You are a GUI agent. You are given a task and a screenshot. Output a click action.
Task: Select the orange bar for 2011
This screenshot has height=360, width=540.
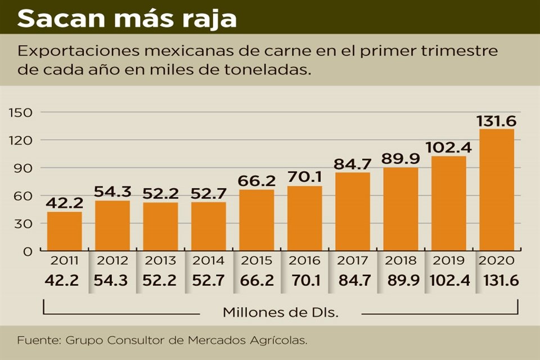pos(64,231)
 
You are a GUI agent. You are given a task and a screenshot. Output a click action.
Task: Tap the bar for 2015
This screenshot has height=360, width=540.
pos(256,220)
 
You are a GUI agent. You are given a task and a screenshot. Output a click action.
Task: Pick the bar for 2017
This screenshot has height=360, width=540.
pos(353,211)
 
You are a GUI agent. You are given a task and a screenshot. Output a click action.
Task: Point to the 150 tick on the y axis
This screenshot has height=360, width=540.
pos(20,112)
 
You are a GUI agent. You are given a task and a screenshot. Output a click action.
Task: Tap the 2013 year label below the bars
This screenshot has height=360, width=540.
pos(160,261)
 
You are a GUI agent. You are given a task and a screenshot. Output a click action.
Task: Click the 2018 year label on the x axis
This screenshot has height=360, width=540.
pos(401,261)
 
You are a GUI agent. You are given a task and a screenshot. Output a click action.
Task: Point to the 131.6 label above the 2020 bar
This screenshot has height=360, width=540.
pos(497,121)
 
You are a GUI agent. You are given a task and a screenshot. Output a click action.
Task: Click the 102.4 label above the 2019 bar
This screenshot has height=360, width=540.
pos(449,147)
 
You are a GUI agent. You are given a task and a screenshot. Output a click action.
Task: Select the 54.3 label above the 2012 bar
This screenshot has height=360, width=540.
pos(112,192)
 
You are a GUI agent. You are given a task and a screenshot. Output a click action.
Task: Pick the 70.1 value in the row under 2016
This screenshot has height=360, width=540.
pos(305,280)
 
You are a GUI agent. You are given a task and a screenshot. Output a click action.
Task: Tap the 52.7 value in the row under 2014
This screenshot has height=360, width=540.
pos(209,280)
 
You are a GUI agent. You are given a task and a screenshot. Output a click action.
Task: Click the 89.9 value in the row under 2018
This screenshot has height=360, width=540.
pos(400,280)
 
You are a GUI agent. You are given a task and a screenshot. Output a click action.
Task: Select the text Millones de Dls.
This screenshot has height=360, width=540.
pos(281,312)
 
